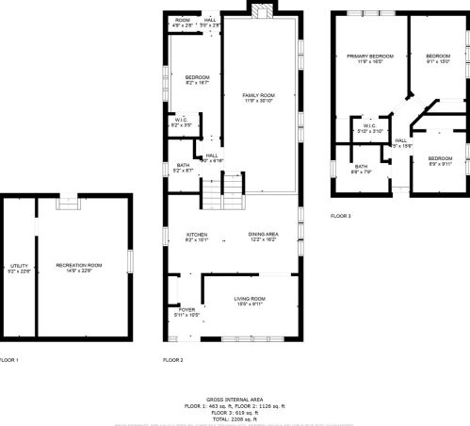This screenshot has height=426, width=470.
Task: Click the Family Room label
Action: click(258, 97)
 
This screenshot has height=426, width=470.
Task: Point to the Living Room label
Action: click(250, 301)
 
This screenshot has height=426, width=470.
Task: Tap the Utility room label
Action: click(19, 268)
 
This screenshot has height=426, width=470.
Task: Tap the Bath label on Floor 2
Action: click(183, 168)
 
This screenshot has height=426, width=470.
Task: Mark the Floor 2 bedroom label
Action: click(197, 79)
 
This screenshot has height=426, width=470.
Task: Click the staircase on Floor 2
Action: click(219, 196)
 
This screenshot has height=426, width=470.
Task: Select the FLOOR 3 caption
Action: click(340, 216)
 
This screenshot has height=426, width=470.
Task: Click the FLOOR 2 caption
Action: click(173, 360)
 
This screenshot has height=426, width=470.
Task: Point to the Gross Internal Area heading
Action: click(235, 400)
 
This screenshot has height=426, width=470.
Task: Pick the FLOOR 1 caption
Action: click(8, 360)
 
